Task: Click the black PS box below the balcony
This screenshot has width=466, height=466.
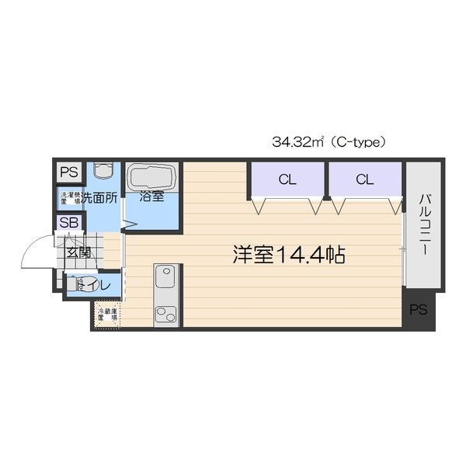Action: point(419,310)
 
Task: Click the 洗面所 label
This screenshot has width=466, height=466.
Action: point(102,197)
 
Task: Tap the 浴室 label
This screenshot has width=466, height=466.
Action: point(151,196)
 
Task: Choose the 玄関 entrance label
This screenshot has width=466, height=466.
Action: point(78,252)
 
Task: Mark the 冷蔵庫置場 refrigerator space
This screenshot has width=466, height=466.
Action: point(106,315)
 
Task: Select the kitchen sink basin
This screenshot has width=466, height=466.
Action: point(166,276)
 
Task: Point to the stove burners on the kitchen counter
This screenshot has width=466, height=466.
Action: point(166,313)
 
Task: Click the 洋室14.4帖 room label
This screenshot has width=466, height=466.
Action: point(288,253)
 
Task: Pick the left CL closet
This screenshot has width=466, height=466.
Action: point(287,179)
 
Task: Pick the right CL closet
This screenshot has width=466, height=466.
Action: point(364,179)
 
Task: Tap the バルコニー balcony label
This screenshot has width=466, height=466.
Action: point(424,225)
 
